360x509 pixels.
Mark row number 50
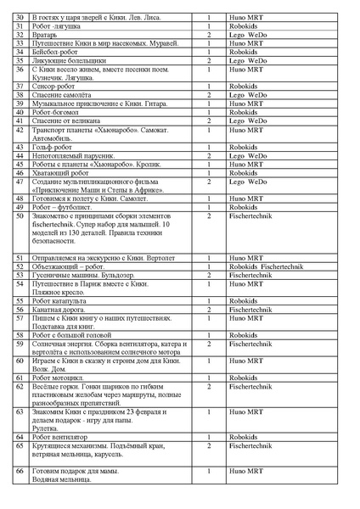[20, 216]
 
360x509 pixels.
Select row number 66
[20, 470]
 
